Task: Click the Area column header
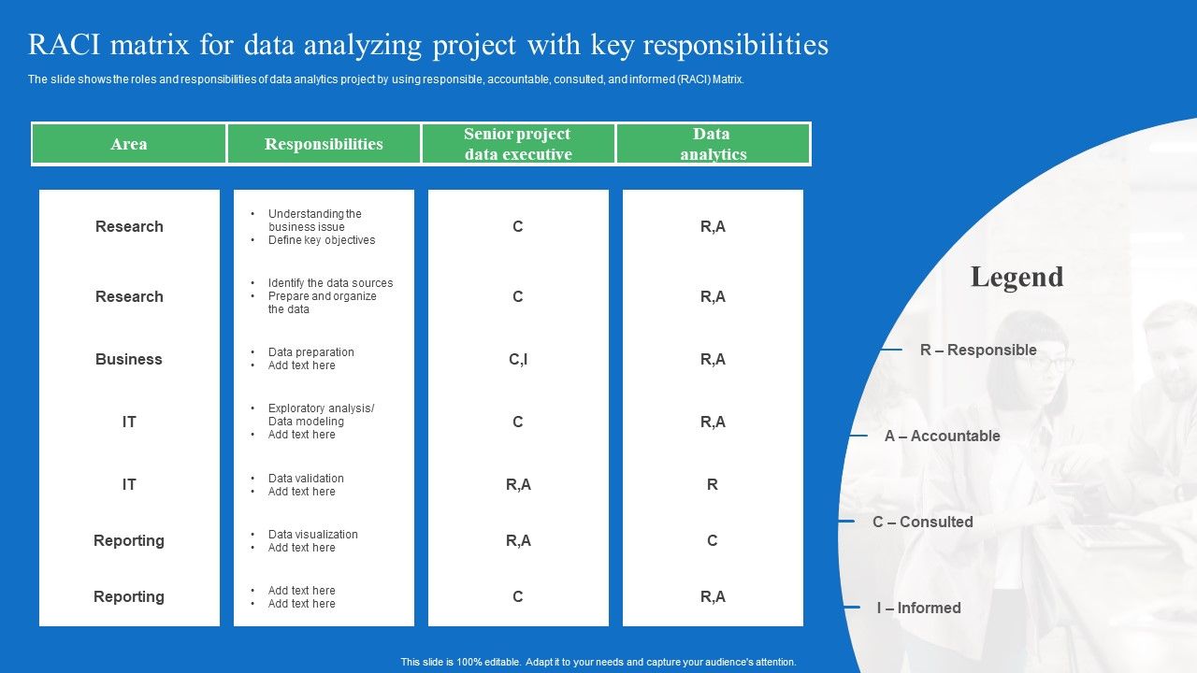point(129,144)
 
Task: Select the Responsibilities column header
point(324,144)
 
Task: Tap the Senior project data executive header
point(518,144)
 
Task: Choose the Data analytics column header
point(713,144)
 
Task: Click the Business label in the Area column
point(129,359)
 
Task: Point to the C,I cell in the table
point(518,359)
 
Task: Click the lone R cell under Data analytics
point(713,484)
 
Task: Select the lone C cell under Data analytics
point(713,540)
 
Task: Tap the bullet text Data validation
point(306,479)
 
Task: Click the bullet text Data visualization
point(312,535)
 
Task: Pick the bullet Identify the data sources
point(330,283)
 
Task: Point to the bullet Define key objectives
point(322,240)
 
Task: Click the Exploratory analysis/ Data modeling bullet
point(321,415)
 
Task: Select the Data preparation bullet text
point(310,352)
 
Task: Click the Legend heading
point(1017,277)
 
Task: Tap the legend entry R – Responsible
point(978,350)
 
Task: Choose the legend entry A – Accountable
point(942,436)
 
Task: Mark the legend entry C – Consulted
point(922,522)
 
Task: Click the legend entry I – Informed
point(918,608)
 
